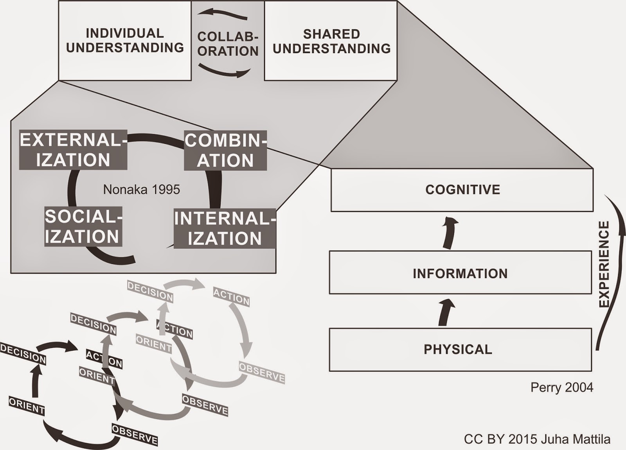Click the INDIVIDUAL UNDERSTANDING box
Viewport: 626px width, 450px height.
coord(125,40)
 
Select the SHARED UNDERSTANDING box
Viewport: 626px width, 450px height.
coord(331,41)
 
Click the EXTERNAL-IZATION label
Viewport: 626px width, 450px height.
coord(73,150)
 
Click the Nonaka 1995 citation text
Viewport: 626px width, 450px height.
coord(141,190)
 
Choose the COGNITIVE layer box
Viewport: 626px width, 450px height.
coord(462,190)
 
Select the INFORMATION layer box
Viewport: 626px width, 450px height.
coord(460,273)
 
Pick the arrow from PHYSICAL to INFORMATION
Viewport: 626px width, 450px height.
coord(446,312)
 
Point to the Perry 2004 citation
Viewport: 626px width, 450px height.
coord(561,387)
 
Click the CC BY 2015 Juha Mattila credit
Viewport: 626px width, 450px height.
coord(537,439)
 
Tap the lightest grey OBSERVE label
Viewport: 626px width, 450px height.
coord(261,373)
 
